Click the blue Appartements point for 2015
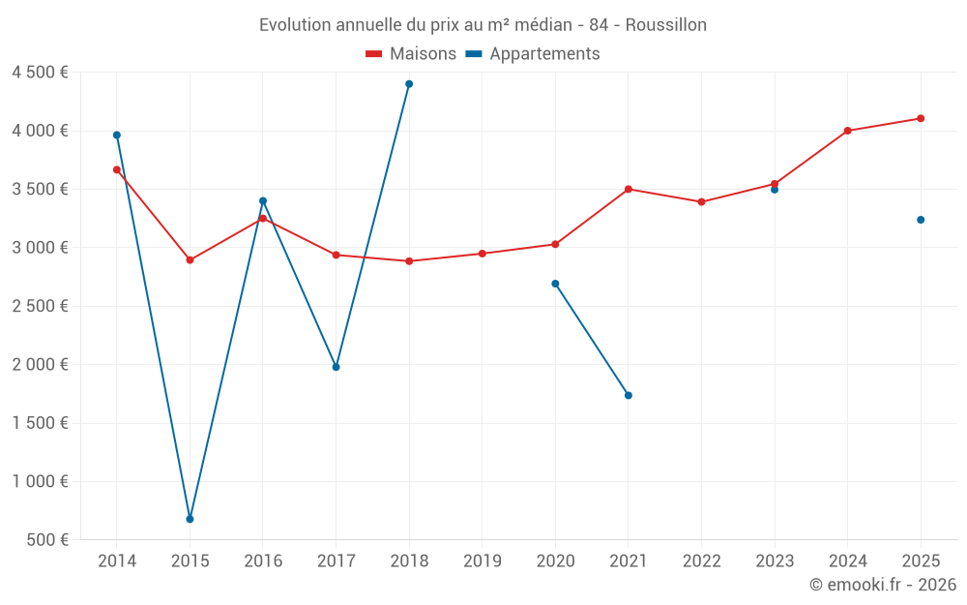(x=190, y=519)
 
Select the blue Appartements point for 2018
(x=409, y=84)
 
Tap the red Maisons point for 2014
(x=117, y=169)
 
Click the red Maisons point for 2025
(x=921, y=118)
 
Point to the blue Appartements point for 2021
(x=629, y=395)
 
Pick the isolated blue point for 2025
(x=921, y=220)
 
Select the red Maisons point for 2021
(x=629, y=189)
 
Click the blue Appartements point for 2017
(x=336, y=367)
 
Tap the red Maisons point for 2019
(x=483, y=254)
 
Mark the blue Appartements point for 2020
(x=555, y=284)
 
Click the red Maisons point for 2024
(x=847, y=131)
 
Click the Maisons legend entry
(x=411, y=54)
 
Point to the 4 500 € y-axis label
(x=40, y=73)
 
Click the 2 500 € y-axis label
(x=40, y=306)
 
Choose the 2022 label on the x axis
(x=701, y=561)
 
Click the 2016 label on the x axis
(x=263, y=561)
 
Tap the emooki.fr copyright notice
(x=882, y=585)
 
